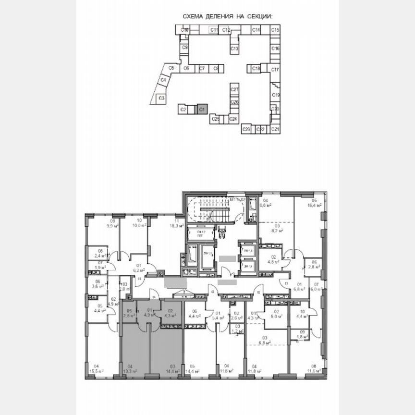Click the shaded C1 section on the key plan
202,110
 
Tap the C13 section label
234,49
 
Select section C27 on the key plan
234,90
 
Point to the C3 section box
162,98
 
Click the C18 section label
256,69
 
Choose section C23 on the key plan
246,129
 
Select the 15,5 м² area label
98,371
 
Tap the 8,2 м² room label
277,230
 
